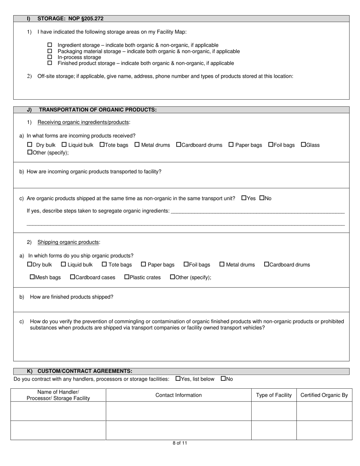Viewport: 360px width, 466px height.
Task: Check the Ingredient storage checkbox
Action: (x=49, y=45)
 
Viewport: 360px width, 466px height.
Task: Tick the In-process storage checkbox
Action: (x=49, y=57)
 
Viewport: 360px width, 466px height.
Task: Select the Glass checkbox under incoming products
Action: (x=304, y=145)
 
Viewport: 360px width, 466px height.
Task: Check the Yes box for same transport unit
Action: (x=244, y=198)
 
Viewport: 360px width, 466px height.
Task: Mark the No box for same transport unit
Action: (x=262, y=198)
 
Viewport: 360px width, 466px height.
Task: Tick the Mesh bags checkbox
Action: (x=32, y=277)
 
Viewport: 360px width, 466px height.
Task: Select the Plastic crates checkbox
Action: (x=127, y=277)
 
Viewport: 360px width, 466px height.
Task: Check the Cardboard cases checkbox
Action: (x=73, y=277)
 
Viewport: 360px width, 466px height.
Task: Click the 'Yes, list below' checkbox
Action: (x=178, y=378)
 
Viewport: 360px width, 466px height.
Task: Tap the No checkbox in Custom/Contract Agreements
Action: (x=223, y=378)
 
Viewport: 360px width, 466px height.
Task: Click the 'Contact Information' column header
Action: (x=178, y=395)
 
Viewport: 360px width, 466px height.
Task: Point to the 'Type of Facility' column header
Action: (x=274, y=395)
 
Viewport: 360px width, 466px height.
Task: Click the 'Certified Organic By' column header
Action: (x=324, y=395)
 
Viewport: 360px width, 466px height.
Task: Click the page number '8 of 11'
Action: (x=180, y=443)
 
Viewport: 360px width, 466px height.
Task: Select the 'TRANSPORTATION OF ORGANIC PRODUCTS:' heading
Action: (x=98, y=110)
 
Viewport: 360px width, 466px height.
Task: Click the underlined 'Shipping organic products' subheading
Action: (x=68, y=242)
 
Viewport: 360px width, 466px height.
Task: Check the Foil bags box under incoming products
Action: (x=271, y=145)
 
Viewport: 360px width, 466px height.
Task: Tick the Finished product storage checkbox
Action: (x=49, y=63)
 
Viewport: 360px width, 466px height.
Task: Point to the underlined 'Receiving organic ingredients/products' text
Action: (x=83, y=122)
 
